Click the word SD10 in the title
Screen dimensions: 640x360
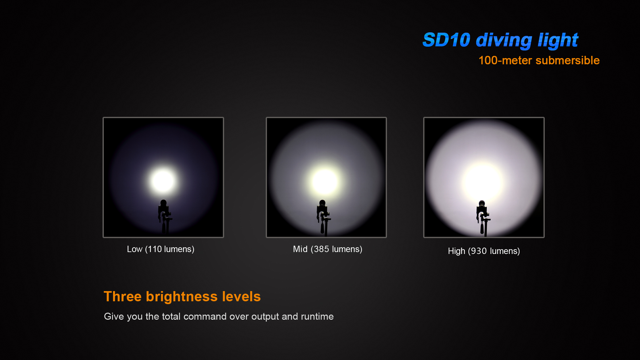446,40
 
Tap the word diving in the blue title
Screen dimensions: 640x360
504,41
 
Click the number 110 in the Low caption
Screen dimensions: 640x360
155,249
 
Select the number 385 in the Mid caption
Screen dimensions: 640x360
321,249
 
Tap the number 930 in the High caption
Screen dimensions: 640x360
479,251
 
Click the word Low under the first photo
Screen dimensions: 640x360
135,249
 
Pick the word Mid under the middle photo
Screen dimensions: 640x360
300,249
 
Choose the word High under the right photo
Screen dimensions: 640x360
457,251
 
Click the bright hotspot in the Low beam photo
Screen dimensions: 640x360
163,181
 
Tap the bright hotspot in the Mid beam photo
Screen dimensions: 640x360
325,181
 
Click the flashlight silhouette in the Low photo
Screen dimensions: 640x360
164,217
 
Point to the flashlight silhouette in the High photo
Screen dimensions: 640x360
483,218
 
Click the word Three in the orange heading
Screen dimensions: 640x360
123,297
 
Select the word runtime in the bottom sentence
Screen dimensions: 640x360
317,317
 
